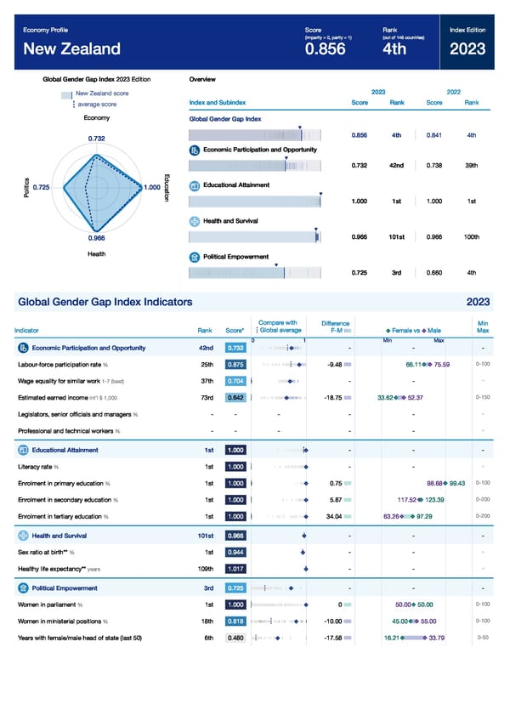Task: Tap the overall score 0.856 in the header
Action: pos(325,48)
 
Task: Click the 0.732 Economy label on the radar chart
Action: pos(96,138)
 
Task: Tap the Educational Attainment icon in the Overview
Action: pos(195,185)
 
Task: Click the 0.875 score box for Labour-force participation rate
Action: pos(236,365)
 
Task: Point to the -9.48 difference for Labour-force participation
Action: pos(334,365)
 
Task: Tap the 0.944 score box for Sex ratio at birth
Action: pos(236,552)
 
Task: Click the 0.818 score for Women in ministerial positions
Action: pos(236,621)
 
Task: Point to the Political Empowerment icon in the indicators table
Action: pos(23,588)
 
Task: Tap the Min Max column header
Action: pos(482,326)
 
